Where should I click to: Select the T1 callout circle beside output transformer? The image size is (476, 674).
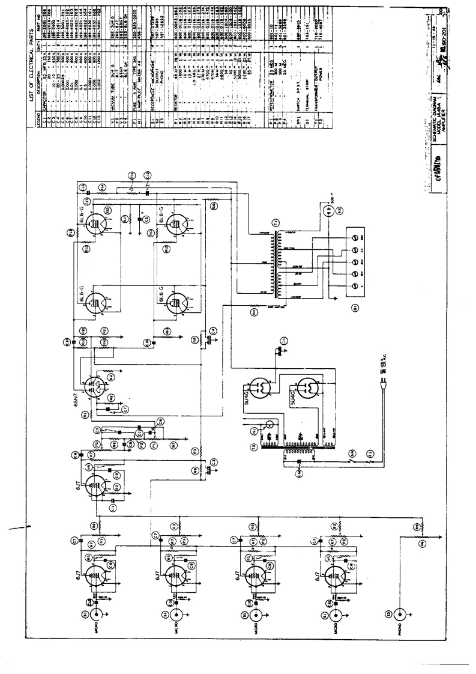point(275,224)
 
